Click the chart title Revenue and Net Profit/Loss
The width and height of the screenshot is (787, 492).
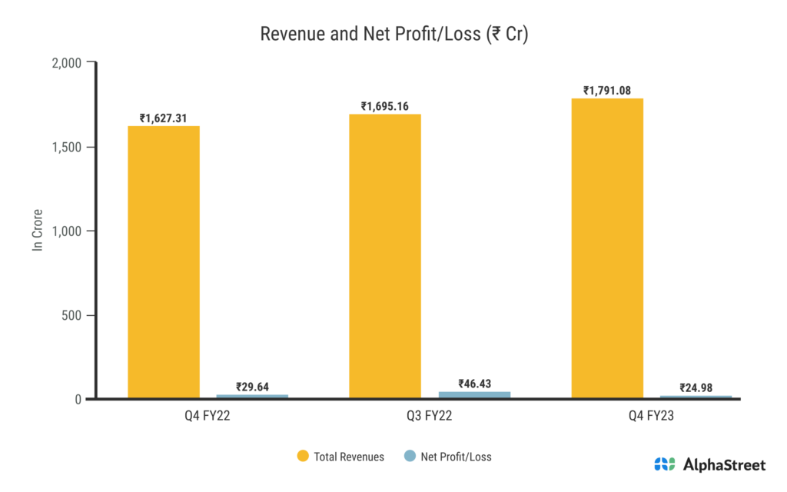point(393,35)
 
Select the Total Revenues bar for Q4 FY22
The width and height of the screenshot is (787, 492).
point(164,261)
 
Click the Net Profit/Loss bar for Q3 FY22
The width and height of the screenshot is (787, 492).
point(473,395)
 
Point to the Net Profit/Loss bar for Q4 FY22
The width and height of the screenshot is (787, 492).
point(252,397)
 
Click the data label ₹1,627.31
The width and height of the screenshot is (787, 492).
point(164,118)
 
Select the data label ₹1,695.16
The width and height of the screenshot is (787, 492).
point(385,106)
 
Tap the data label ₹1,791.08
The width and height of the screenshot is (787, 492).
point(607,91)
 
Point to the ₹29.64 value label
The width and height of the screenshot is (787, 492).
point(252,387)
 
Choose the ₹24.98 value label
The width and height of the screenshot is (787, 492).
point(695,387)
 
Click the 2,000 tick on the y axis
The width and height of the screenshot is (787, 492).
point(68,62)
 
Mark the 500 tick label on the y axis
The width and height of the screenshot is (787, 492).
point(72,315)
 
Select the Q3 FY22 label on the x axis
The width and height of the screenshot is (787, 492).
point(385,417)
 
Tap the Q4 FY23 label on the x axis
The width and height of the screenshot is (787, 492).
point(607,417)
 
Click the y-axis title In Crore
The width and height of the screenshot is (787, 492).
point(36,231)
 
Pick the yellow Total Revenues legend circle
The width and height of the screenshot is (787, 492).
point(303,457)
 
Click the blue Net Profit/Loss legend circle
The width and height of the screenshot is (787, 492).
point(410,457)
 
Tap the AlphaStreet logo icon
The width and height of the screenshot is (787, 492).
point(665,464)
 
